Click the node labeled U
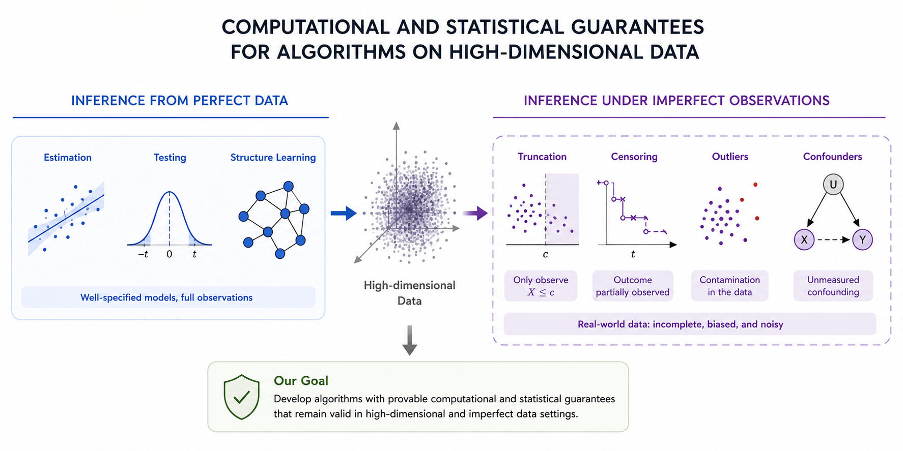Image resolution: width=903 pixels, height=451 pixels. (833, 184)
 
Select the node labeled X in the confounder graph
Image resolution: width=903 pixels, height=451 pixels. (804, 239)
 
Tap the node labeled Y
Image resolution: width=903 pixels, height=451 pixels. (862, 239)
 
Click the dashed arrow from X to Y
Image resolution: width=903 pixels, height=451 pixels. (833, 239)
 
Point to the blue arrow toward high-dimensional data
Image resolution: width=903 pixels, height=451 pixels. (344, 213)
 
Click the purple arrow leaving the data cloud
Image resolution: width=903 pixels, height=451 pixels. (475, 213)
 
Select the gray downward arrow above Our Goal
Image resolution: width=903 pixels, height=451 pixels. (409, 340)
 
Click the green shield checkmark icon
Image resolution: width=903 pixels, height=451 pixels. (242, 397)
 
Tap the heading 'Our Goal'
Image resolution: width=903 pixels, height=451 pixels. (301, 380)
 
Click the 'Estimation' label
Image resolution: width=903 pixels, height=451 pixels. (68, 158)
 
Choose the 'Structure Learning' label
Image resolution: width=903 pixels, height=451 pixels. (273, 158)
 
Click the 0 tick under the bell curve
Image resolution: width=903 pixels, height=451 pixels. (170, 254)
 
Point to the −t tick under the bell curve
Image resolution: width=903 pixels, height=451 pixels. (144, 254)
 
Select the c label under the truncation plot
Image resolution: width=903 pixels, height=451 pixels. (545, 254)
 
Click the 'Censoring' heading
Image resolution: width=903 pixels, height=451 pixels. (634, 157)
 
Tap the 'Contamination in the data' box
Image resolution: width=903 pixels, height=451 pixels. (729, 286)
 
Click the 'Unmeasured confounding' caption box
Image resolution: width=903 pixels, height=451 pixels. (833, 286)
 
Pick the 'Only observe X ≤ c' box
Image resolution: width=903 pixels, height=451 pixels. (541, 286)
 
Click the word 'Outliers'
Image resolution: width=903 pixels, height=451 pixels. (730, 157)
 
